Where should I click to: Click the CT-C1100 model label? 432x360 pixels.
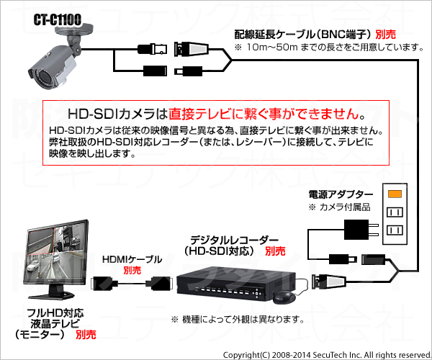pyautogui.click(x=58, y=19)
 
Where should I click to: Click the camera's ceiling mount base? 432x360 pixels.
pyautogui.click(x=73, y=30)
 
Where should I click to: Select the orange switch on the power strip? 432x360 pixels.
pyautogui.click(x=395, y=194)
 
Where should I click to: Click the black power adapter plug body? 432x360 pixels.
pyautogui.click(x=356, y=230)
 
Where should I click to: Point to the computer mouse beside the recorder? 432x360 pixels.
pyautogui.click(x=284, y=297)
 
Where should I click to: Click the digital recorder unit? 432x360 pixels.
pyautogui.click(x=235, y=283)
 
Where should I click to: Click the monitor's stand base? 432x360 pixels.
pyautogui.click(x=52, y=295)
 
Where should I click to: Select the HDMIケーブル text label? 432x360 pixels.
pyautogui.click(x=132, y=259)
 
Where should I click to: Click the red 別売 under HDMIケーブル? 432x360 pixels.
pyautogui.click(x=132, y=270)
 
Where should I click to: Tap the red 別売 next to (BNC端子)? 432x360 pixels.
pyautogui.click(x=385, y=35)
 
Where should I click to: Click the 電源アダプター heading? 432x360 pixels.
pyautogui.click(x=341, y=194)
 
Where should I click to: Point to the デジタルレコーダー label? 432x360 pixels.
pyautogui.click(x=234, y=240)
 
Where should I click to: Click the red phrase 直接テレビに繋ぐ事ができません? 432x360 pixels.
pyautogui.click(x=264, y=114)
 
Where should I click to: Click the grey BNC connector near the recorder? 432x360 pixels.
pyautogui.click(x=328, y=282)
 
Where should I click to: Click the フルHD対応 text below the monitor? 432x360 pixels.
pyautogui.click(x=55, y=313)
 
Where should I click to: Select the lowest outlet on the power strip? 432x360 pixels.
pyautogui.click(x=395, y=230)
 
